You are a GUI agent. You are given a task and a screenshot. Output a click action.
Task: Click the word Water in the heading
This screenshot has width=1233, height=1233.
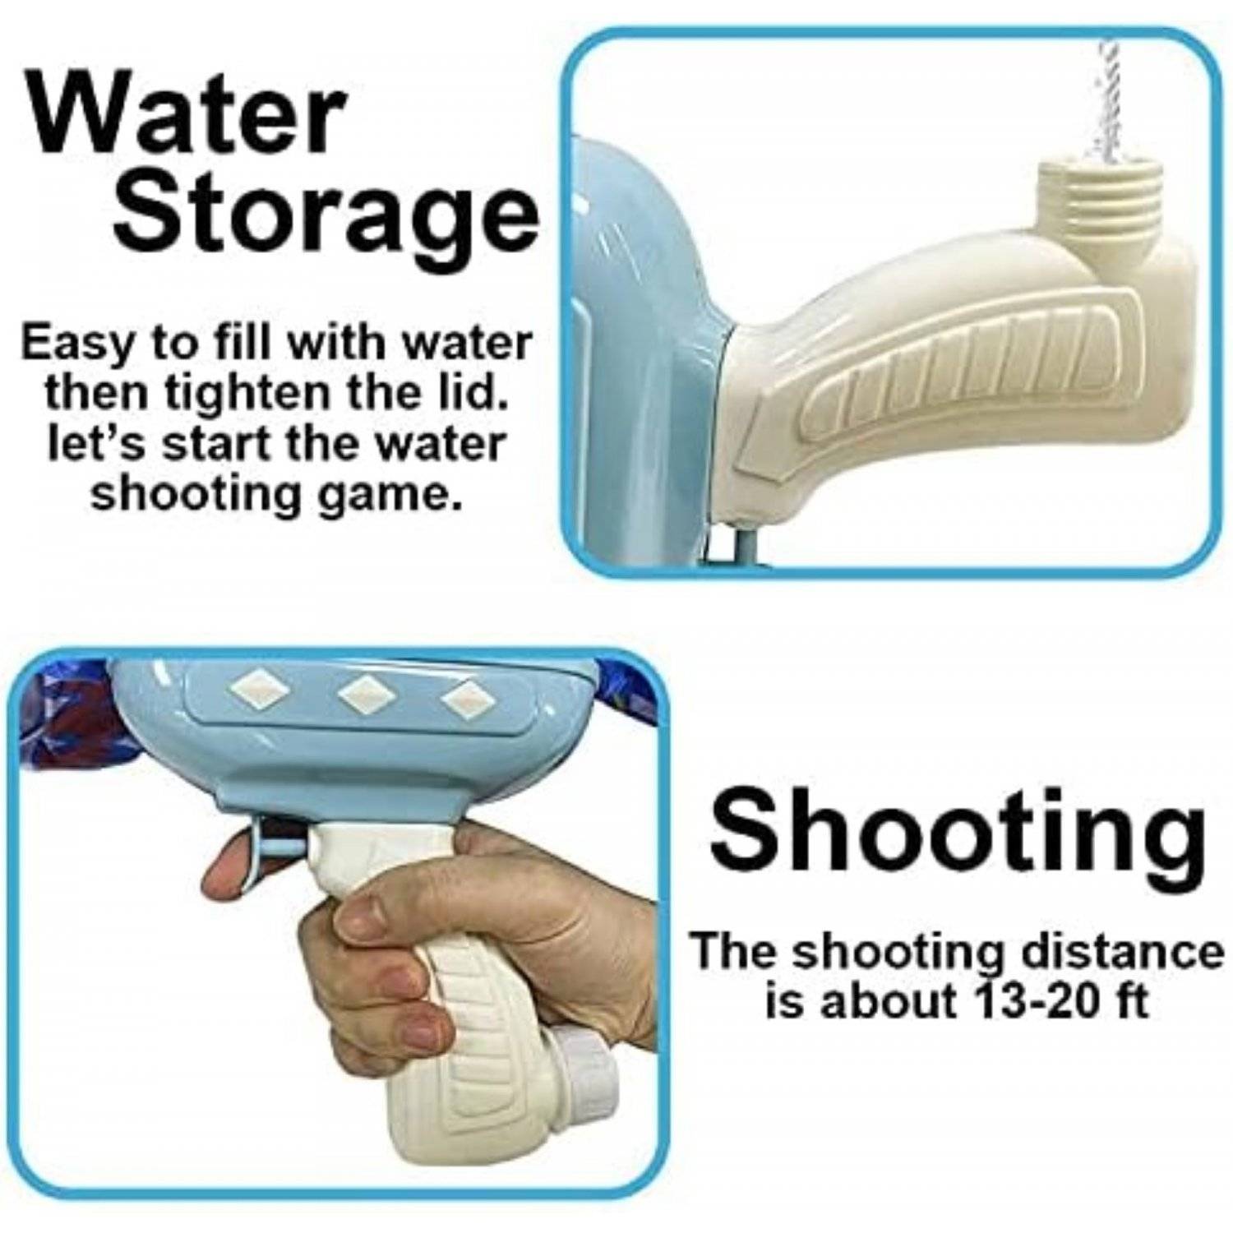pyautogui.click(x=186, y=119)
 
